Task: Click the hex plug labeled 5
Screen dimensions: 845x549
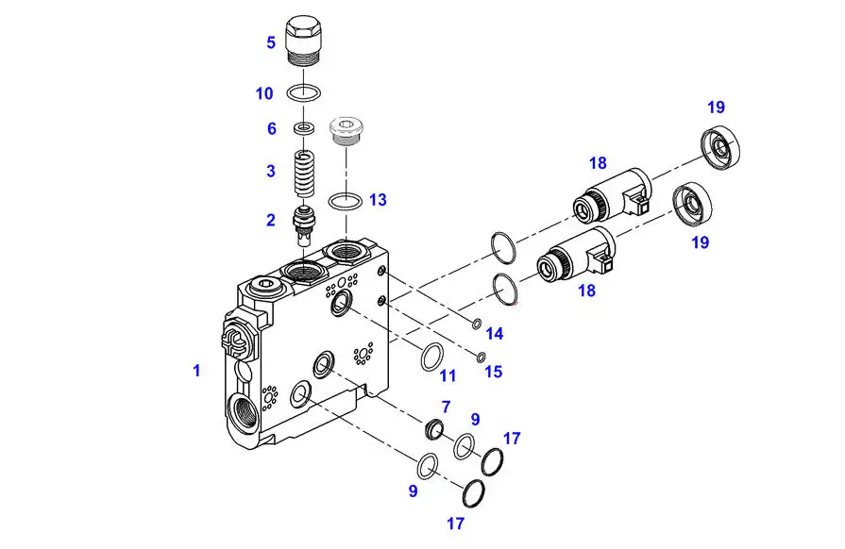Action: pyautogui.click(x=303, y=42)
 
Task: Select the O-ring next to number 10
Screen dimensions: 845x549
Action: pyautogui.click(x=304, y=92)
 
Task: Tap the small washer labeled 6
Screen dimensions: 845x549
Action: pyautogui.click(x=304, y=128)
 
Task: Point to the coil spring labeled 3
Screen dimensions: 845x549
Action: pyautogui.click(x=304, y=174)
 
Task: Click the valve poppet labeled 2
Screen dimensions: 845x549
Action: pyautogui.click(x=303, y=225)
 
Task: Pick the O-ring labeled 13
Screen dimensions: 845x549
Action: pyautogui.click(x=345, y=202)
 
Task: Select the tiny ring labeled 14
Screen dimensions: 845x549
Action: pyautogui.click(x=477, y=324)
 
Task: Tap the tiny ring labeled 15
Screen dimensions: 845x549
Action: pyautogui.click(x=481, y=357)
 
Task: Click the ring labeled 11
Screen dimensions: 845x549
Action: pyautogui.click(x=432, y=357)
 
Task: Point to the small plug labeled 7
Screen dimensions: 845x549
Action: pyautogui.click(x=434, y=429)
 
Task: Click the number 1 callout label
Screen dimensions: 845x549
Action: pyautogui.click(x=196, y=371)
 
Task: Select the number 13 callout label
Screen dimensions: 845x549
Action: pyautogui.click(x=378, y=200)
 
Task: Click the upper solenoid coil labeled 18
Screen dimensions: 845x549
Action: pyautogui.click(x=612, y=195)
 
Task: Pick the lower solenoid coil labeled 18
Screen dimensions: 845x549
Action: pyautogui.click(x=577, y=254)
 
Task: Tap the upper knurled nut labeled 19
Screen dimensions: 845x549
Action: pyautogui.click(x=720, y=146)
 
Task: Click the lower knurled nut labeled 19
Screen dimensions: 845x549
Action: pyautogui.click(x=692, y=205)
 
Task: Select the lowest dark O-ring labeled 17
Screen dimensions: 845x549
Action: pyautogui.click(x=473, y=493)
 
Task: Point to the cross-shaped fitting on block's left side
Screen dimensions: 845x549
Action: pyautogui.click(x=235, y=341)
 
